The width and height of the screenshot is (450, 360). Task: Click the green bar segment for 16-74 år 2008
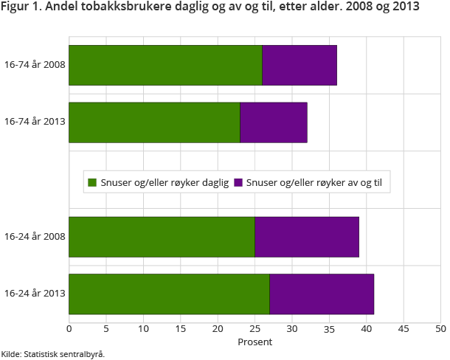tap(165, 65)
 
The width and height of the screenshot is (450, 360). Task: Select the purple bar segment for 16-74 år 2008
tap(300, 65)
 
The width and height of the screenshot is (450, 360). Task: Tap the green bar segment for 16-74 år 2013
tap(154, 122)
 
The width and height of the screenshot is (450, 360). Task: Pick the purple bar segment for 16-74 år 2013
tap(274, 122)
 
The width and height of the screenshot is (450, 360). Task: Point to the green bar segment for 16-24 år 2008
tap(162, 237)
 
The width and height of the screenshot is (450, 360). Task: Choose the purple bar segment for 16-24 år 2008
tap(307, 237)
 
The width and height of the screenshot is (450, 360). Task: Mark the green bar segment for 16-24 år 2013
tap(169, 294)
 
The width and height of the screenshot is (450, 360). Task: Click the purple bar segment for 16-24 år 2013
tap(322, 294)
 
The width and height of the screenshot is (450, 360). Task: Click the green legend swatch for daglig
tap(92, 182)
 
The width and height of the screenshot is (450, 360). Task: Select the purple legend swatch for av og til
tap(238, 182)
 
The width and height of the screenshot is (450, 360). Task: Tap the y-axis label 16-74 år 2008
tap(35, 65)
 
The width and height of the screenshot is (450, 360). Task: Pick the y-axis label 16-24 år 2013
tap(35, 294)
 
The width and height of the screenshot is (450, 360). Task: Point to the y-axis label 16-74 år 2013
tap(35, 122)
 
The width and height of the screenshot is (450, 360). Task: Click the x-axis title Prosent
tap(255, 342)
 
